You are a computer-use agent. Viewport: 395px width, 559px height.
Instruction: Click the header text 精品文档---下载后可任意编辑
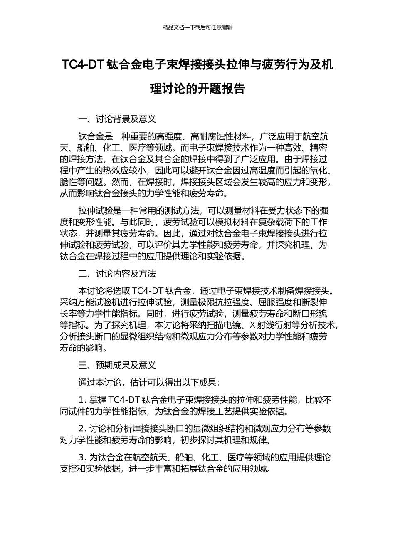[197, 27]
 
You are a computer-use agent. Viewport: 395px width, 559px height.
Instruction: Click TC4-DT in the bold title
[83, 65]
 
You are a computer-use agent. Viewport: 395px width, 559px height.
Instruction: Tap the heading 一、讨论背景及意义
[117, 119]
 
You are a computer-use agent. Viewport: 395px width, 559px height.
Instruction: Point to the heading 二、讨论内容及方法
[117, 274]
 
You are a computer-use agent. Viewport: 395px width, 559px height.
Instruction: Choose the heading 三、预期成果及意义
[117, 365]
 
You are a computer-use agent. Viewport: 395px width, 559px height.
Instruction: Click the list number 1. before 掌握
[82, 400]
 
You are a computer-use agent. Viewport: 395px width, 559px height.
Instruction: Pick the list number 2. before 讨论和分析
[82, 428]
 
